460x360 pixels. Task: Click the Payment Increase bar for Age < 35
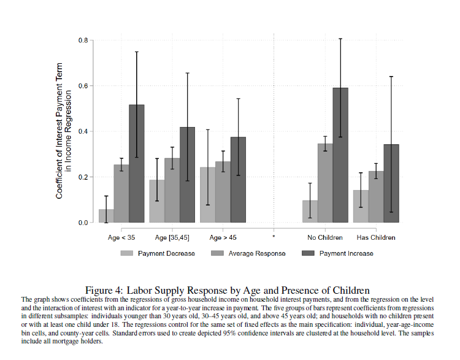coord(137,163)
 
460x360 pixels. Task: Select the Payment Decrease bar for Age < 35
coord(106,216)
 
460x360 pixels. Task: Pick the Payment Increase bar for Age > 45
coord(238,180)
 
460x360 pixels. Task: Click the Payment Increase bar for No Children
coord(340,155)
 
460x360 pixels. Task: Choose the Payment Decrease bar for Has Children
coord(361,206)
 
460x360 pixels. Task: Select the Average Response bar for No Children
coord(325,183)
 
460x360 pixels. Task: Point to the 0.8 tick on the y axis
coord(91,40)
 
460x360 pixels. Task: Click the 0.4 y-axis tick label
coord(83,131)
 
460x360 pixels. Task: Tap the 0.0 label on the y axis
coord(83,223)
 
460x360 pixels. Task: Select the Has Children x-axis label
coord(376,237)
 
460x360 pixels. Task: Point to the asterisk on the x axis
coord(274,237)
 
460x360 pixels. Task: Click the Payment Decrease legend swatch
coord(127,253)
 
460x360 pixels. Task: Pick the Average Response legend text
coord(257,253)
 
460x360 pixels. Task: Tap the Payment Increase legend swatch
coord(308,253)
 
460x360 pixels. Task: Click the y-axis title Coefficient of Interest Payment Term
coord(59,131)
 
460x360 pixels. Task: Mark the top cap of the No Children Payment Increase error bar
coord(340,39)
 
